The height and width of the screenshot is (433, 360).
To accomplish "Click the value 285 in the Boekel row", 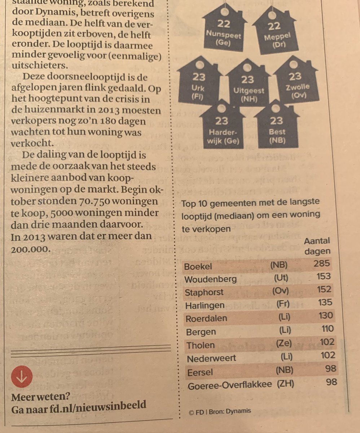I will click(x=321, y=264).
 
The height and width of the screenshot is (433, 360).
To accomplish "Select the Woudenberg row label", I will click(x=211, y=279).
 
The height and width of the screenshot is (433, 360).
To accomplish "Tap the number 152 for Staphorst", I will click(x=322, y=290).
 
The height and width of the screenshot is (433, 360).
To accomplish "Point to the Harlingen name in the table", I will click(x=205, y=306).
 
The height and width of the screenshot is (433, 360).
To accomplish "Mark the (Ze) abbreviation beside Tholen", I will click(x=284, y=343).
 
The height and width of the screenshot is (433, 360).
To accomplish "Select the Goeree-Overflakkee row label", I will click(x=230, y=385).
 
